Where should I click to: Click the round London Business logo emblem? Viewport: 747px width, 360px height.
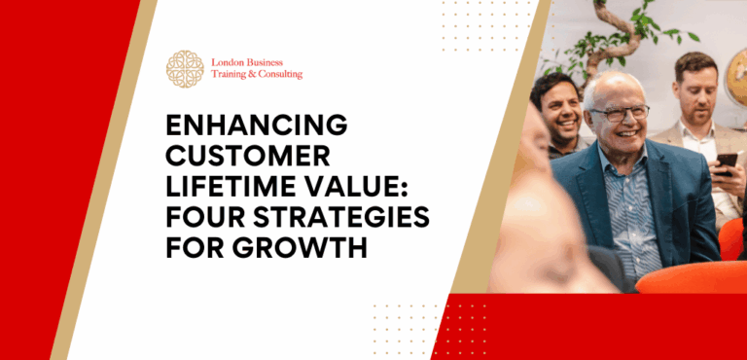pos(185,68)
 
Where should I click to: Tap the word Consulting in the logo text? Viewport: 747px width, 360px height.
pos(276,75)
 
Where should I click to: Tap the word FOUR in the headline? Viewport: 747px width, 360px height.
pos(200,217)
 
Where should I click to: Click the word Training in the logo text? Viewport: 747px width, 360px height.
pos(231,75)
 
